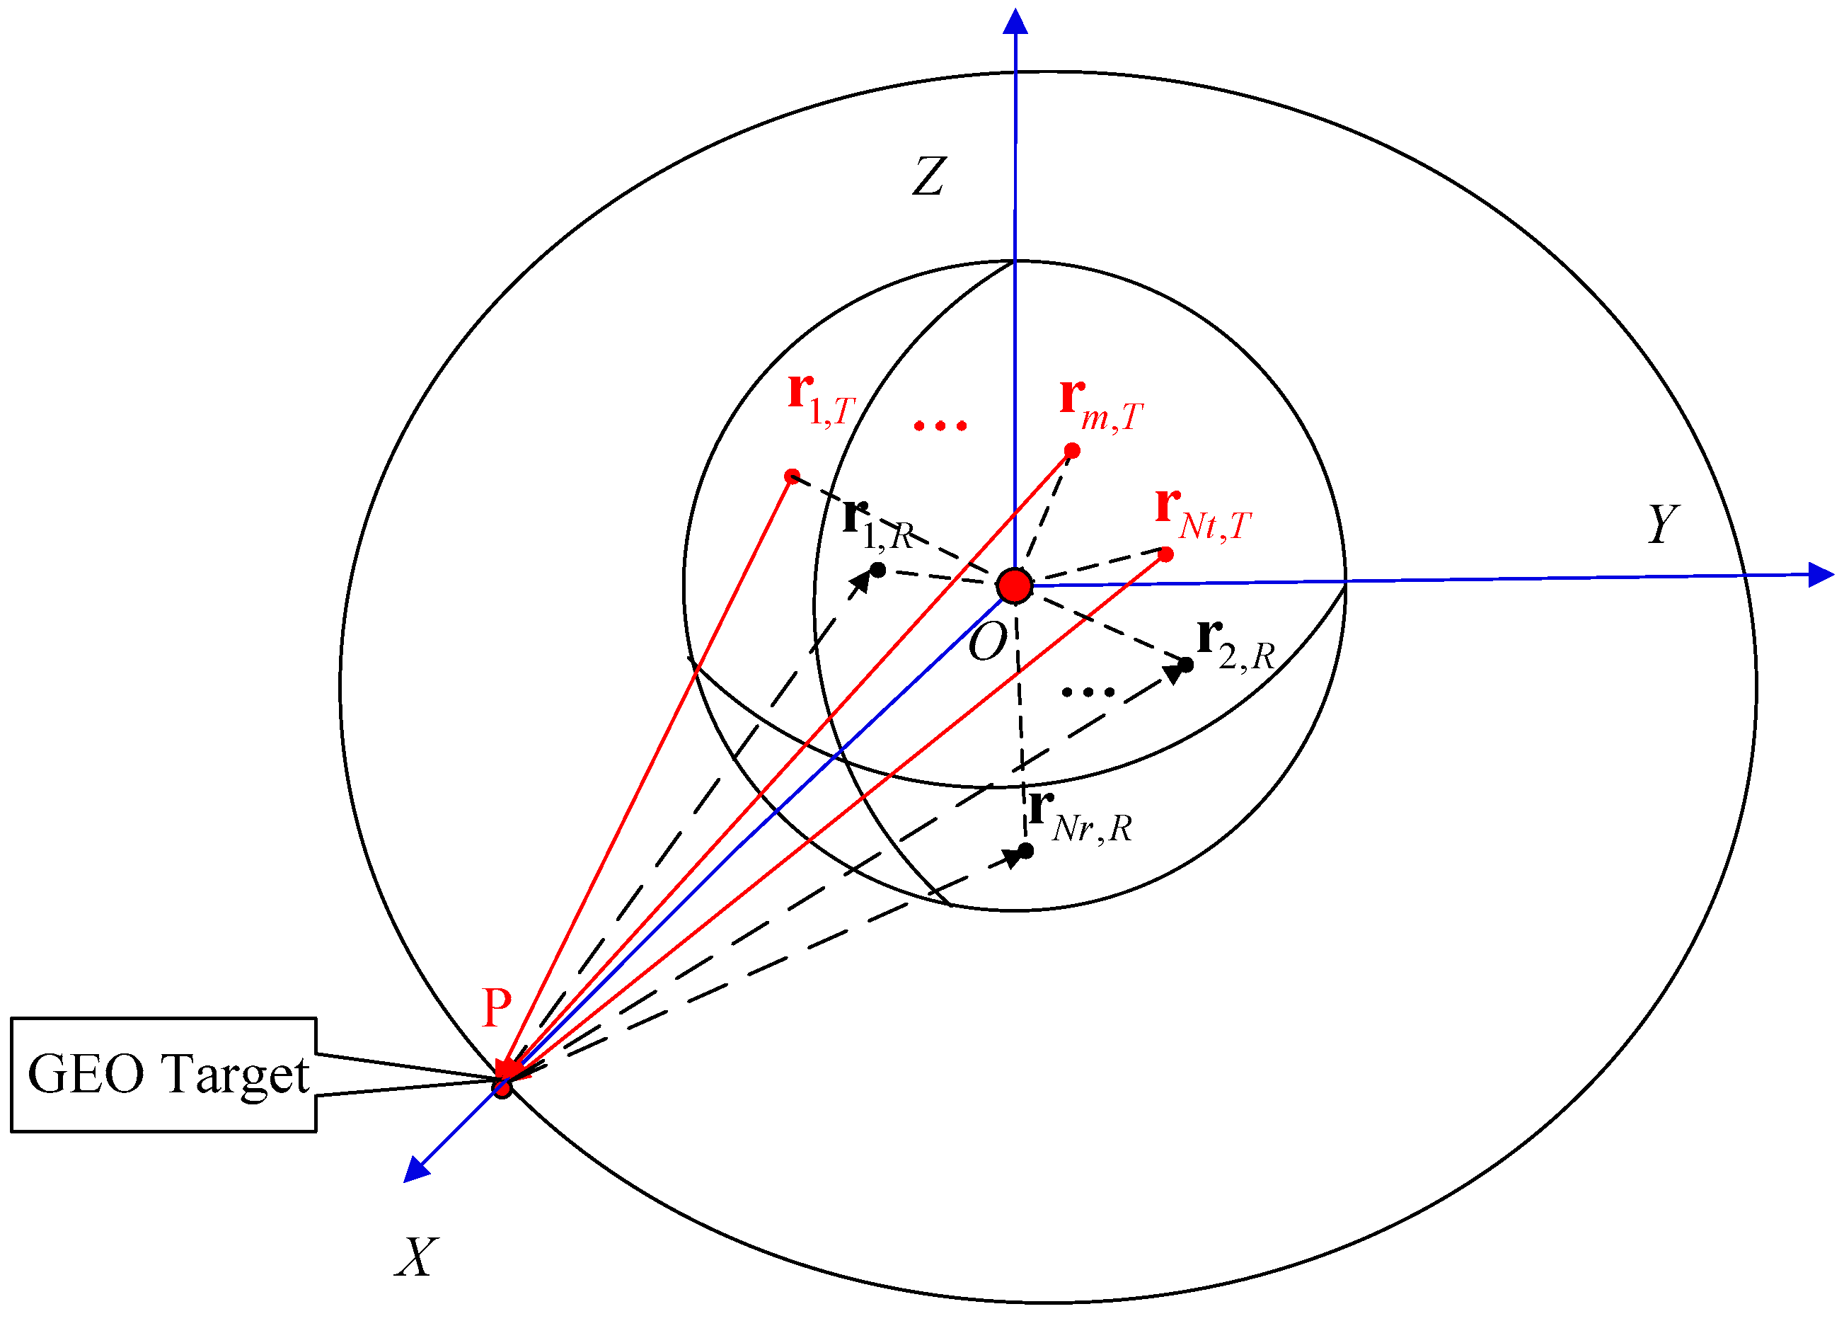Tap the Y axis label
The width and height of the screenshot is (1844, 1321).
tap(1664, 524)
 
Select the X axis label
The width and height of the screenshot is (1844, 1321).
tap(416, 1257)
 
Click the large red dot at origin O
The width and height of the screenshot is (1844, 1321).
tap(1015, 585)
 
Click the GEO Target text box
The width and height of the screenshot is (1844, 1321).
tap(164, 1075)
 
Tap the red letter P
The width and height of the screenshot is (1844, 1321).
tap(497, 1008)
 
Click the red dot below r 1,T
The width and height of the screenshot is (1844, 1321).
tap(792, 476)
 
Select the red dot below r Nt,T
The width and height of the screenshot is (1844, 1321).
tap(1165, 555)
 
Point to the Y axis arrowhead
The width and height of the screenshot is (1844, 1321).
tap(1821, 575)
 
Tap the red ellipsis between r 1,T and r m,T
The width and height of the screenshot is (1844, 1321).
tap(940, 425)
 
